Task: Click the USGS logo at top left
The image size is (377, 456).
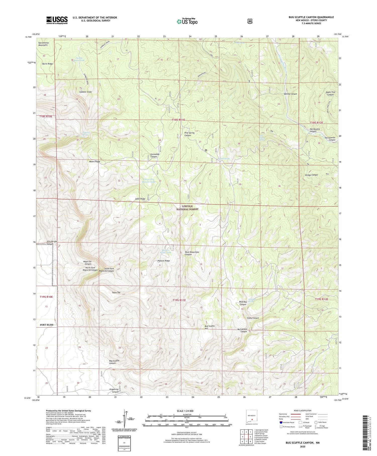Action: click(x=57, y=20)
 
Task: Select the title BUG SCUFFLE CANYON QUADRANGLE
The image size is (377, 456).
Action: click(x=311, y=17)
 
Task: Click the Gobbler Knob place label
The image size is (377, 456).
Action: click(x=85, y=92)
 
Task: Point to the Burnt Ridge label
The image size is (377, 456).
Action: click(x=48, y=64)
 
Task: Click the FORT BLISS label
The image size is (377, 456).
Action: click(x=46, y=325)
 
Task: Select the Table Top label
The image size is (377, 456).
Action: click(x=116, y=293)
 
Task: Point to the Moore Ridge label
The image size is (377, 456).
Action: click(x=95, y=161)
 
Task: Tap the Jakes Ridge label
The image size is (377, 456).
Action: click(x=140, y=199)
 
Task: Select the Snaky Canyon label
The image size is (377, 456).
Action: click(x=253, y=318)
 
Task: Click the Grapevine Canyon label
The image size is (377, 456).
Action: click(x=114, y=390)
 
